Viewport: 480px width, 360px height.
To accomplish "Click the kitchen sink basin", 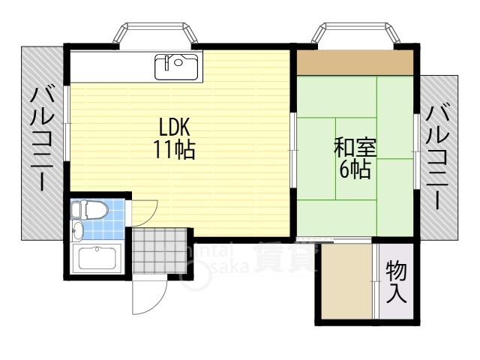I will [x=177, y=67].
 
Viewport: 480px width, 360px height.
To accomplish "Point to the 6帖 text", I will [x=355, y=170].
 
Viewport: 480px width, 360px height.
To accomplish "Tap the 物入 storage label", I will [x=397, y=281].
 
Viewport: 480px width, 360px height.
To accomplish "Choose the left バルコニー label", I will [x=42, y=139].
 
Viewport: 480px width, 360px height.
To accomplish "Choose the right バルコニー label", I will [x=438, y=157].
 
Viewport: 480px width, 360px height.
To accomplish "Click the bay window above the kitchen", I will [x=156, y=34].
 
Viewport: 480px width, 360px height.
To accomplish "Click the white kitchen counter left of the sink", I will [x=112, y=67].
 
